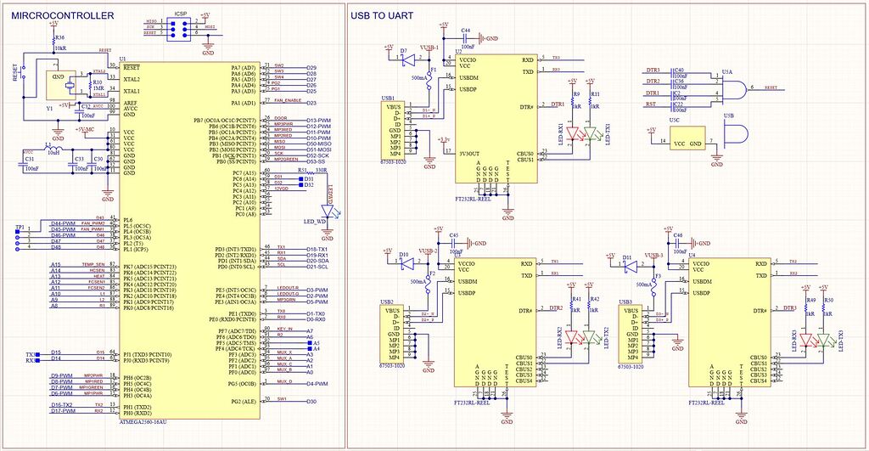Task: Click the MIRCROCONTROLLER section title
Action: click(x=64, y=16)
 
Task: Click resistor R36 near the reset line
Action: click(x=53, y=42)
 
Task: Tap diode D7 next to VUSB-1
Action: click(x=405, y=61)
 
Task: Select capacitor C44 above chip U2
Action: click(x=466, y=37)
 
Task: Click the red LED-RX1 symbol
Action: click(x=575, y=133)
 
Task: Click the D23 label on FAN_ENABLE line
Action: click(x=311, y=103)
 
